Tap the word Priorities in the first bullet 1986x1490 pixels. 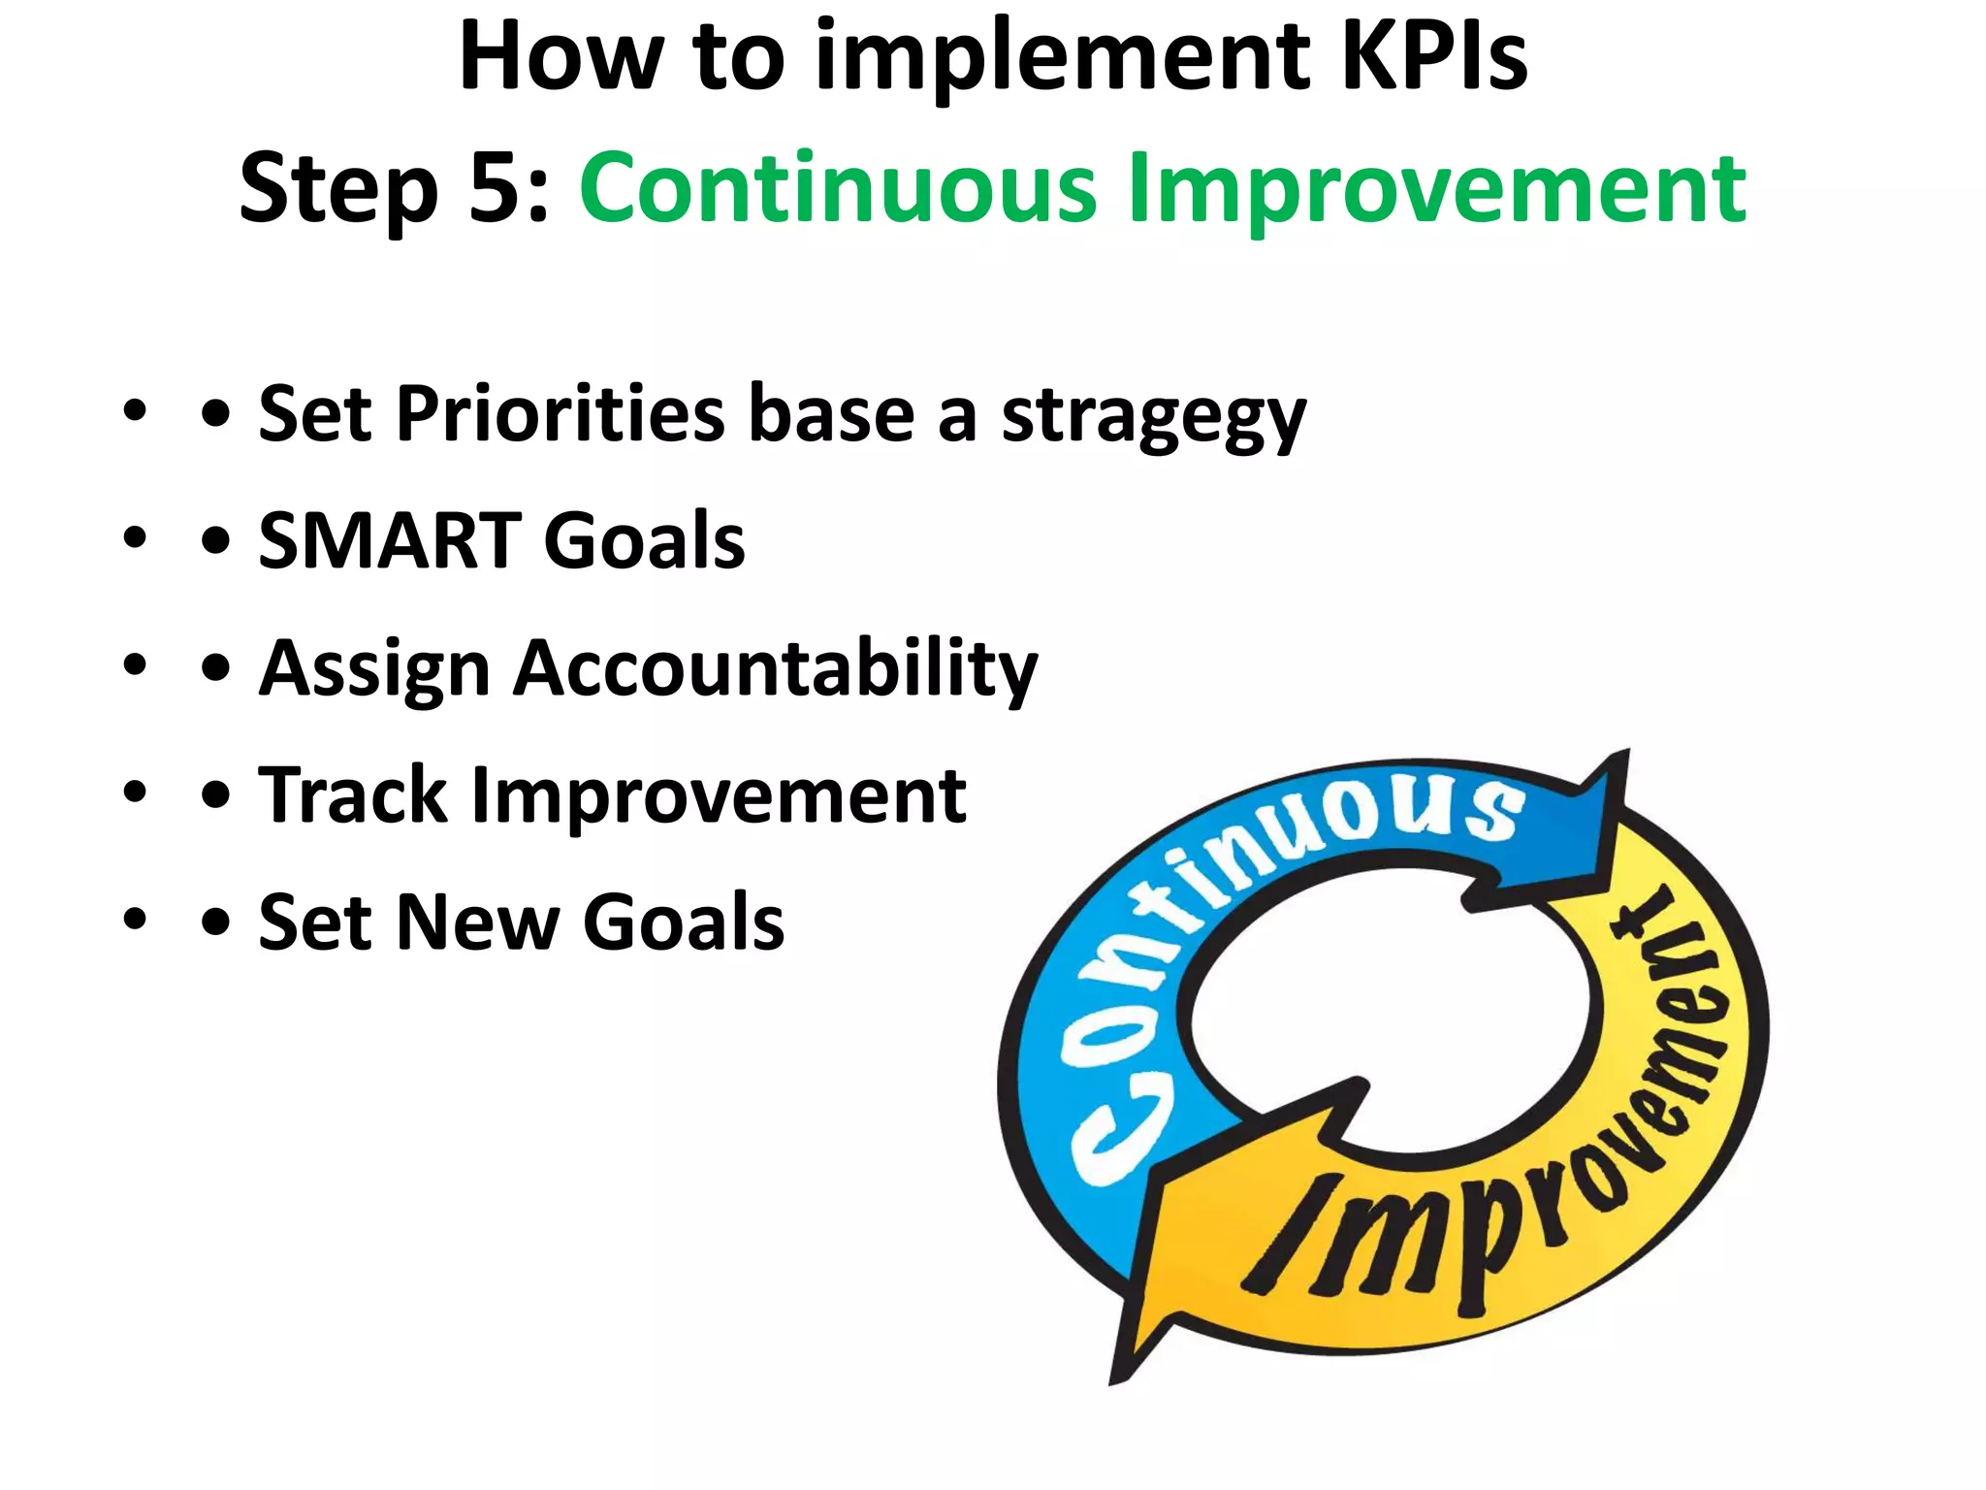(x=561, y=414)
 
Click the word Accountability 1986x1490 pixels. (x=775, y=670)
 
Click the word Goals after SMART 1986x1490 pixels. (x=645, y=541)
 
